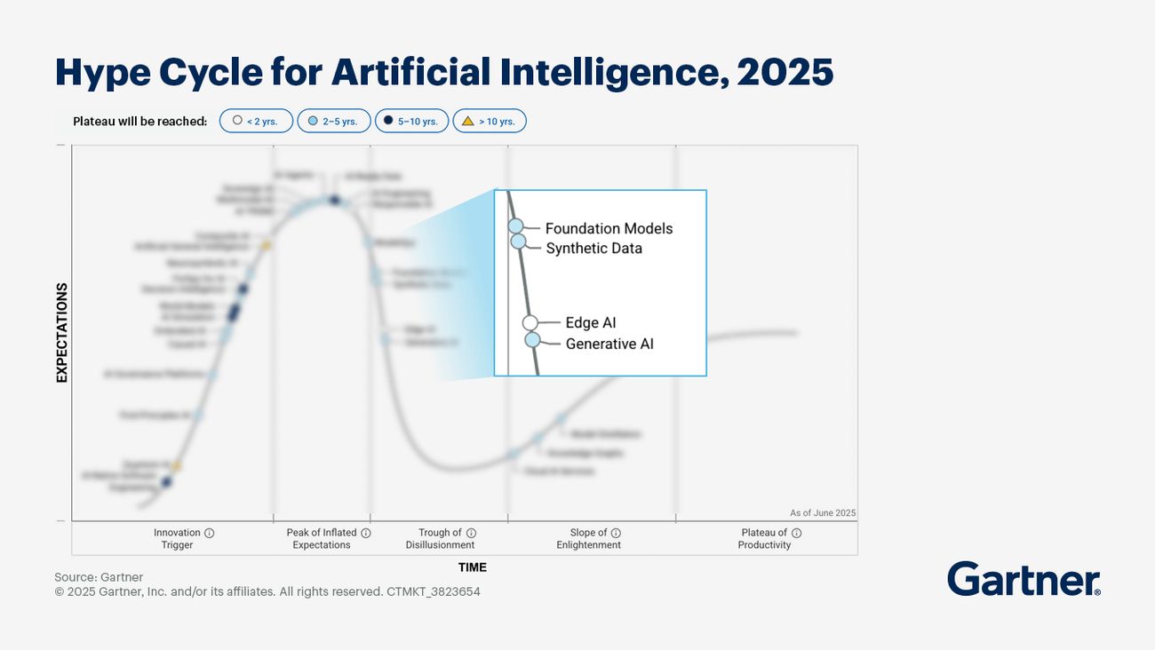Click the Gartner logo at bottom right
point(1024,580)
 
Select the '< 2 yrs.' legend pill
point(256,121)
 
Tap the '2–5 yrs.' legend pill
point(333,121)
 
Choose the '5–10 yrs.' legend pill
point(410,121)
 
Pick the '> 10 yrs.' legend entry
point(489,121)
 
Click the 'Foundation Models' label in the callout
point(609,228)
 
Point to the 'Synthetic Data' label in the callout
point(593,249)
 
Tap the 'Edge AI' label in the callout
point(590,323)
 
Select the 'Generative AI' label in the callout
point(609,344)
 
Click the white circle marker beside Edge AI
point(530,323)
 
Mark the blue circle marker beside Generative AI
point(532,339)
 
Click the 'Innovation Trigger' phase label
point(178,539)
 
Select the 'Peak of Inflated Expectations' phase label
point(322,539)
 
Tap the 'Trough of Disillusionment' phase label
point(441,539)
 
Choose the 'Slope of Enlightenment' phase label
point(589,539)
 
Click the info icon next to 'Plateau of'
point(796,533)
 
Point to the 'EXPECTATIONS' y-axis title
point(62,333)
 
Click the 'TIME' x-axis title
point(472,567)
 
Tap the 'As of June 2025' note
point(822,513)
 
